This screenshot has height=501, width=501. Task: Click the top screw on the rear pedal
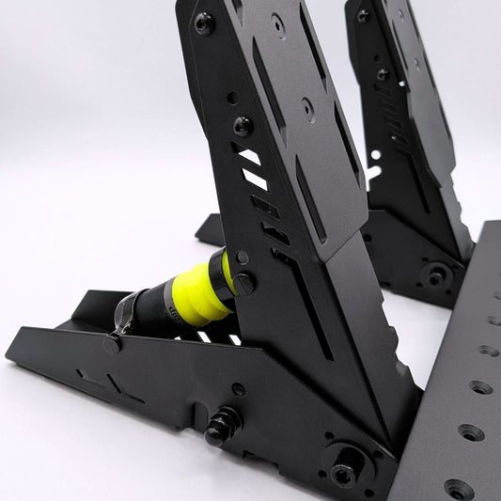pyautogui.click(x=363, y=15)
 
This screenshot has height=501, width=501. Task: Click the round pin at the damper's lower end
pyautogui.click(x=112, y=344)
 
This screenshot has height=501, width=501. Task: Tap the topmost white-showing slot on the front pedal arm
pyautogui.click(x=249, y=155)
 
